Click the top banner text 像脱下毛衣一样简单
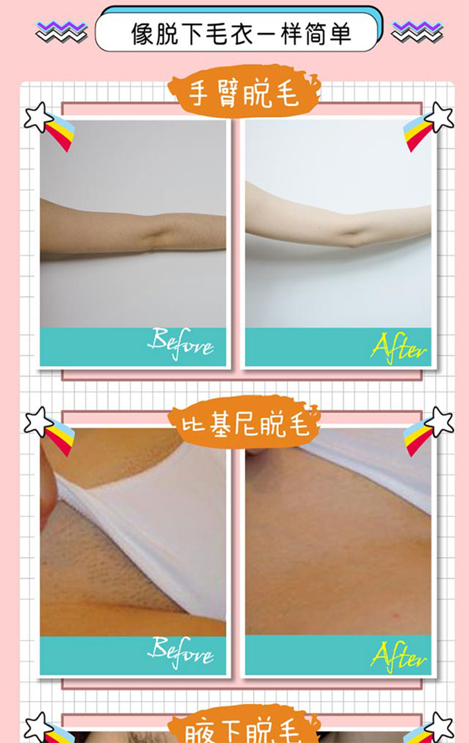point(241,34)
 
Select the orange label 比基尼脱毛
point(245,423)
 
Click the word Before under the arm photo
point(180,344)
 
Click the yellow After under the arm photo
point(398,347)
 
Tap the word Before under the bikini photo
point(180,652)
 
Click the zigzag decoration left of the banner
point(61,31)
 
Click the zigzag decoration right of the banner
point(417,31)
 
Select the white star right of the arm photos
point(440,117)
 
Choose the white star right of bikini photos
point(440,421)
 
